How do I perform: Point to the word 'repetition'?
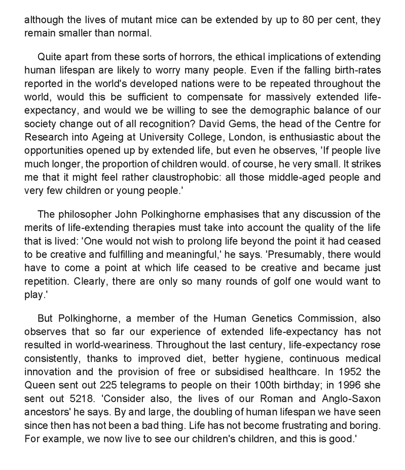coord(47,281)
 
